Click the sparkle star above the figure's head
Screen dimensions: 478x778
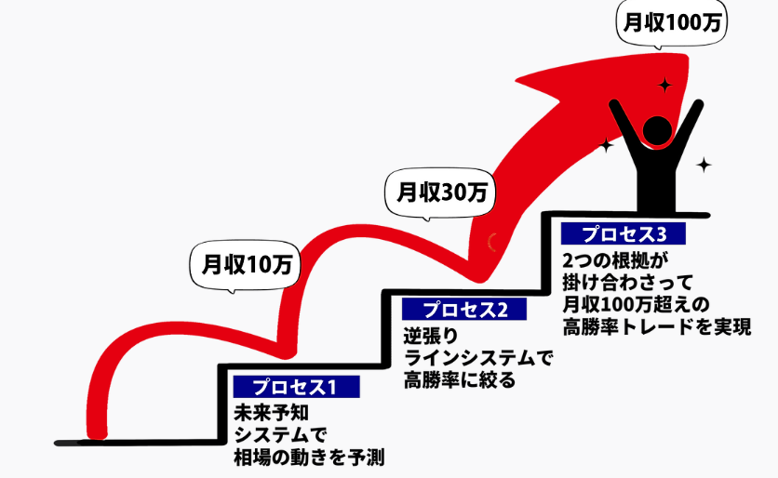click(664, 85)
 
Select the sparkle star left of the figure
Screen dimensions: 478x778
click(607, 146)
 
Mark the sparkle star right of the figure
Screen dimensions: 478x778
click(704, 166)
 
